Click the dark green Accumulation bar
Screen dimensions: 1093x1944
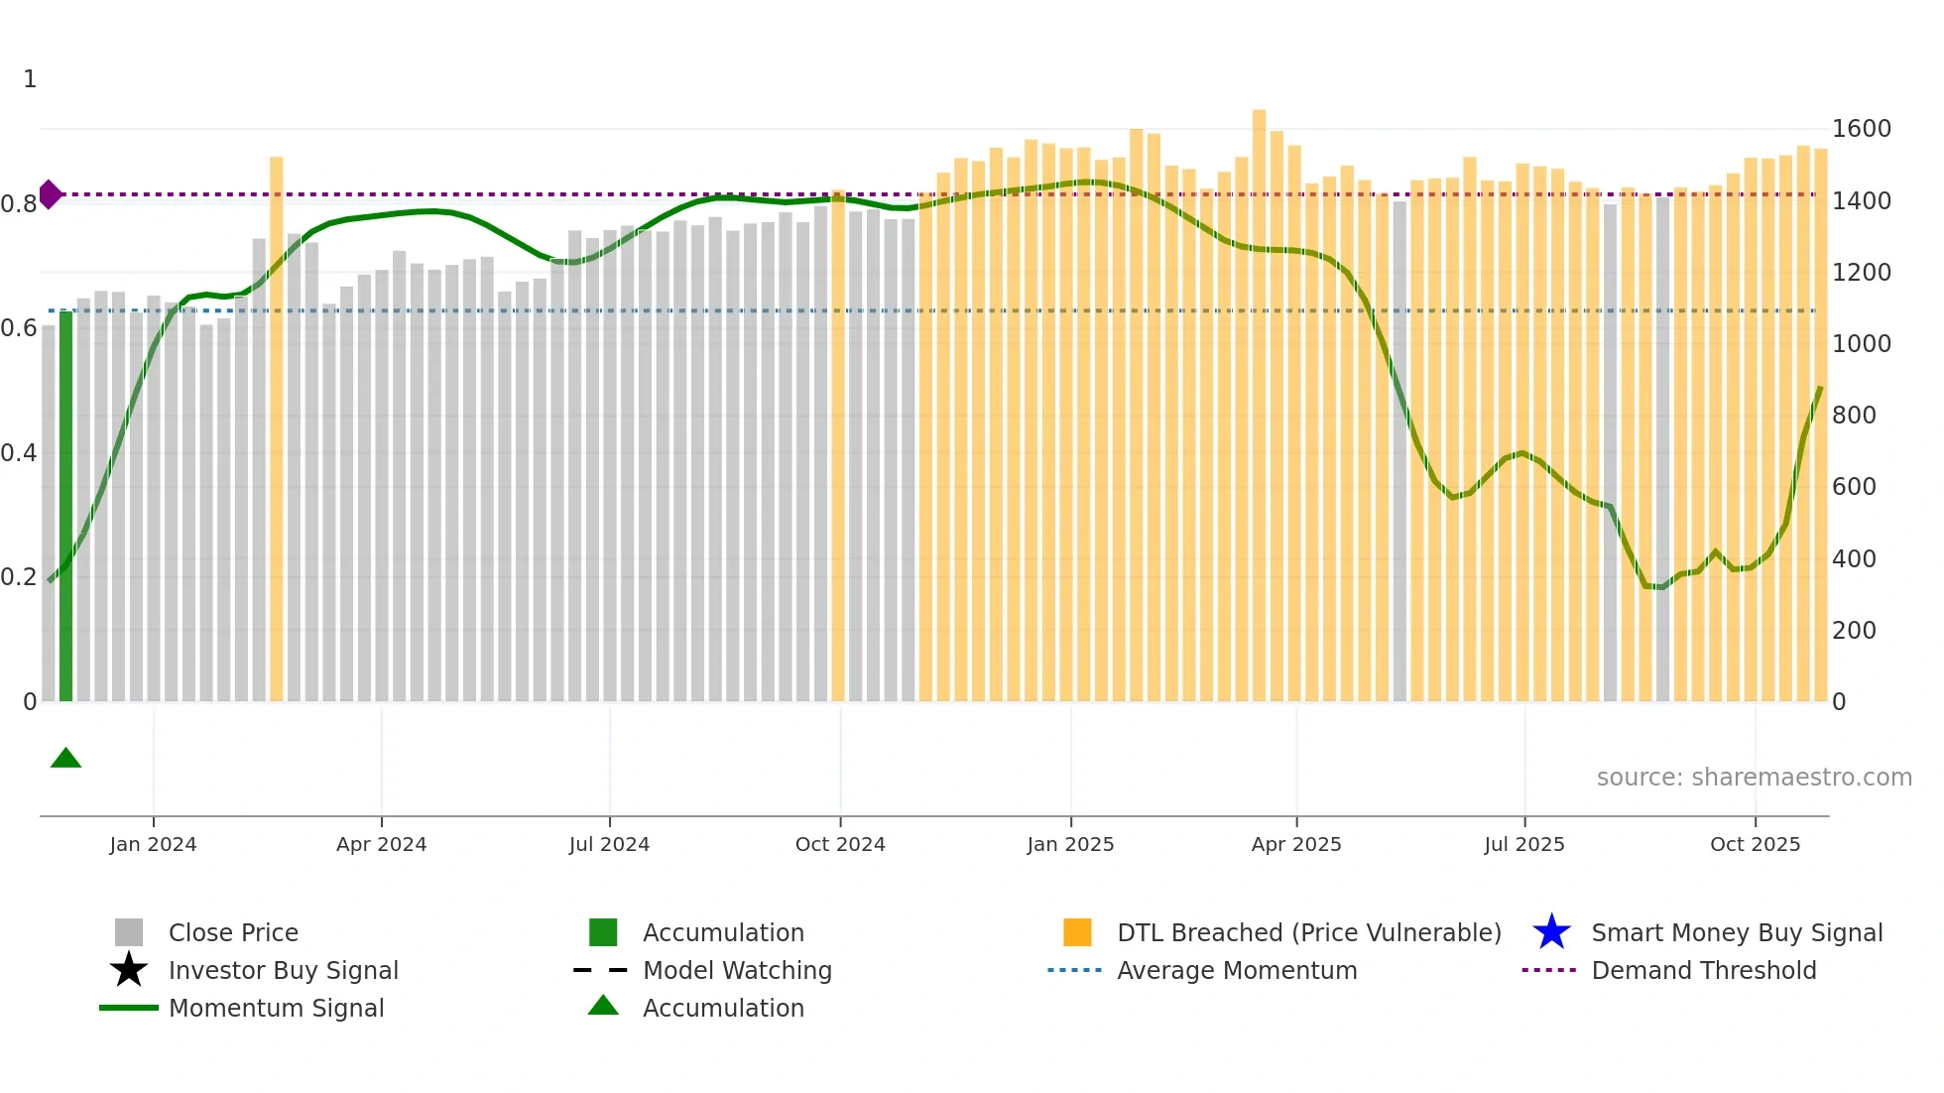(65, 506)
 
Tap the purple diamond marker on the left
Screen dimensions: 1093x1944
(50, 194)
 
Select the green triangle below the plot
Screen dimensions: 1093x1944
(65, 759)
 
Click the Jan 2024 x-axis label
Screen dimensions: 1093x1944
(153, 844)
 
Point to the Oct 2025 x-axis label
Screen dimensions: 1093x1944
(1755, 844)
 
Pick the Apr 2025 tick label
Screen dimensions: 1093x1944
(1295, 844)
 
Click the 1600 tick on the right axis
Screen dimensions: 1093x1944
(1861, 129)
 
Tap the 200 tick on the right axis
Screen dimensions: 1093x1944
(1853, 631)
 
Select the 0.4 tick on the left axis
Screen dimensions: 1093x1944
(19, 453)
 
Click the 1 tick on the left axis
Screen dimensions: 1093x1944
(30, 79)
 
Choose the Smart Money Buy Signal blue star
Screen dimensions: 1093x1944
(1551, 932)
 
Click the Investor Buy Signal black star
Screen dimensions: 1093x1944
(129, 970)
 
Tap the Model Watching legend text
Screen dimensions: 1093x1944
(737, 970)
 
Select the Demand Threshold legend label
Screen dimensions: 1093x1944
(1703, 970)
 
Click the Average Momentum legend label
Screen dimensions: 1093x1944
(1237, 970)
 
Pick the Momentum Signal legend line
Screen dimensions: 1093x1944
(129, 1008)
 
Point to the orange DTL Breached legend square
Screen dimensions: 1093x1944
(1077, 932)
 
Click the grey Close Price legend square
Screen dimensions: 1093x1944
(129, 932)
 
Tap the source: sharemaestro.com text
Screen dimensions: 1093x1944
(1754, 778)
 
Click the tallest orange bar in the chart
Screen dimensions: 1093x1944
(1259, 407)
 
